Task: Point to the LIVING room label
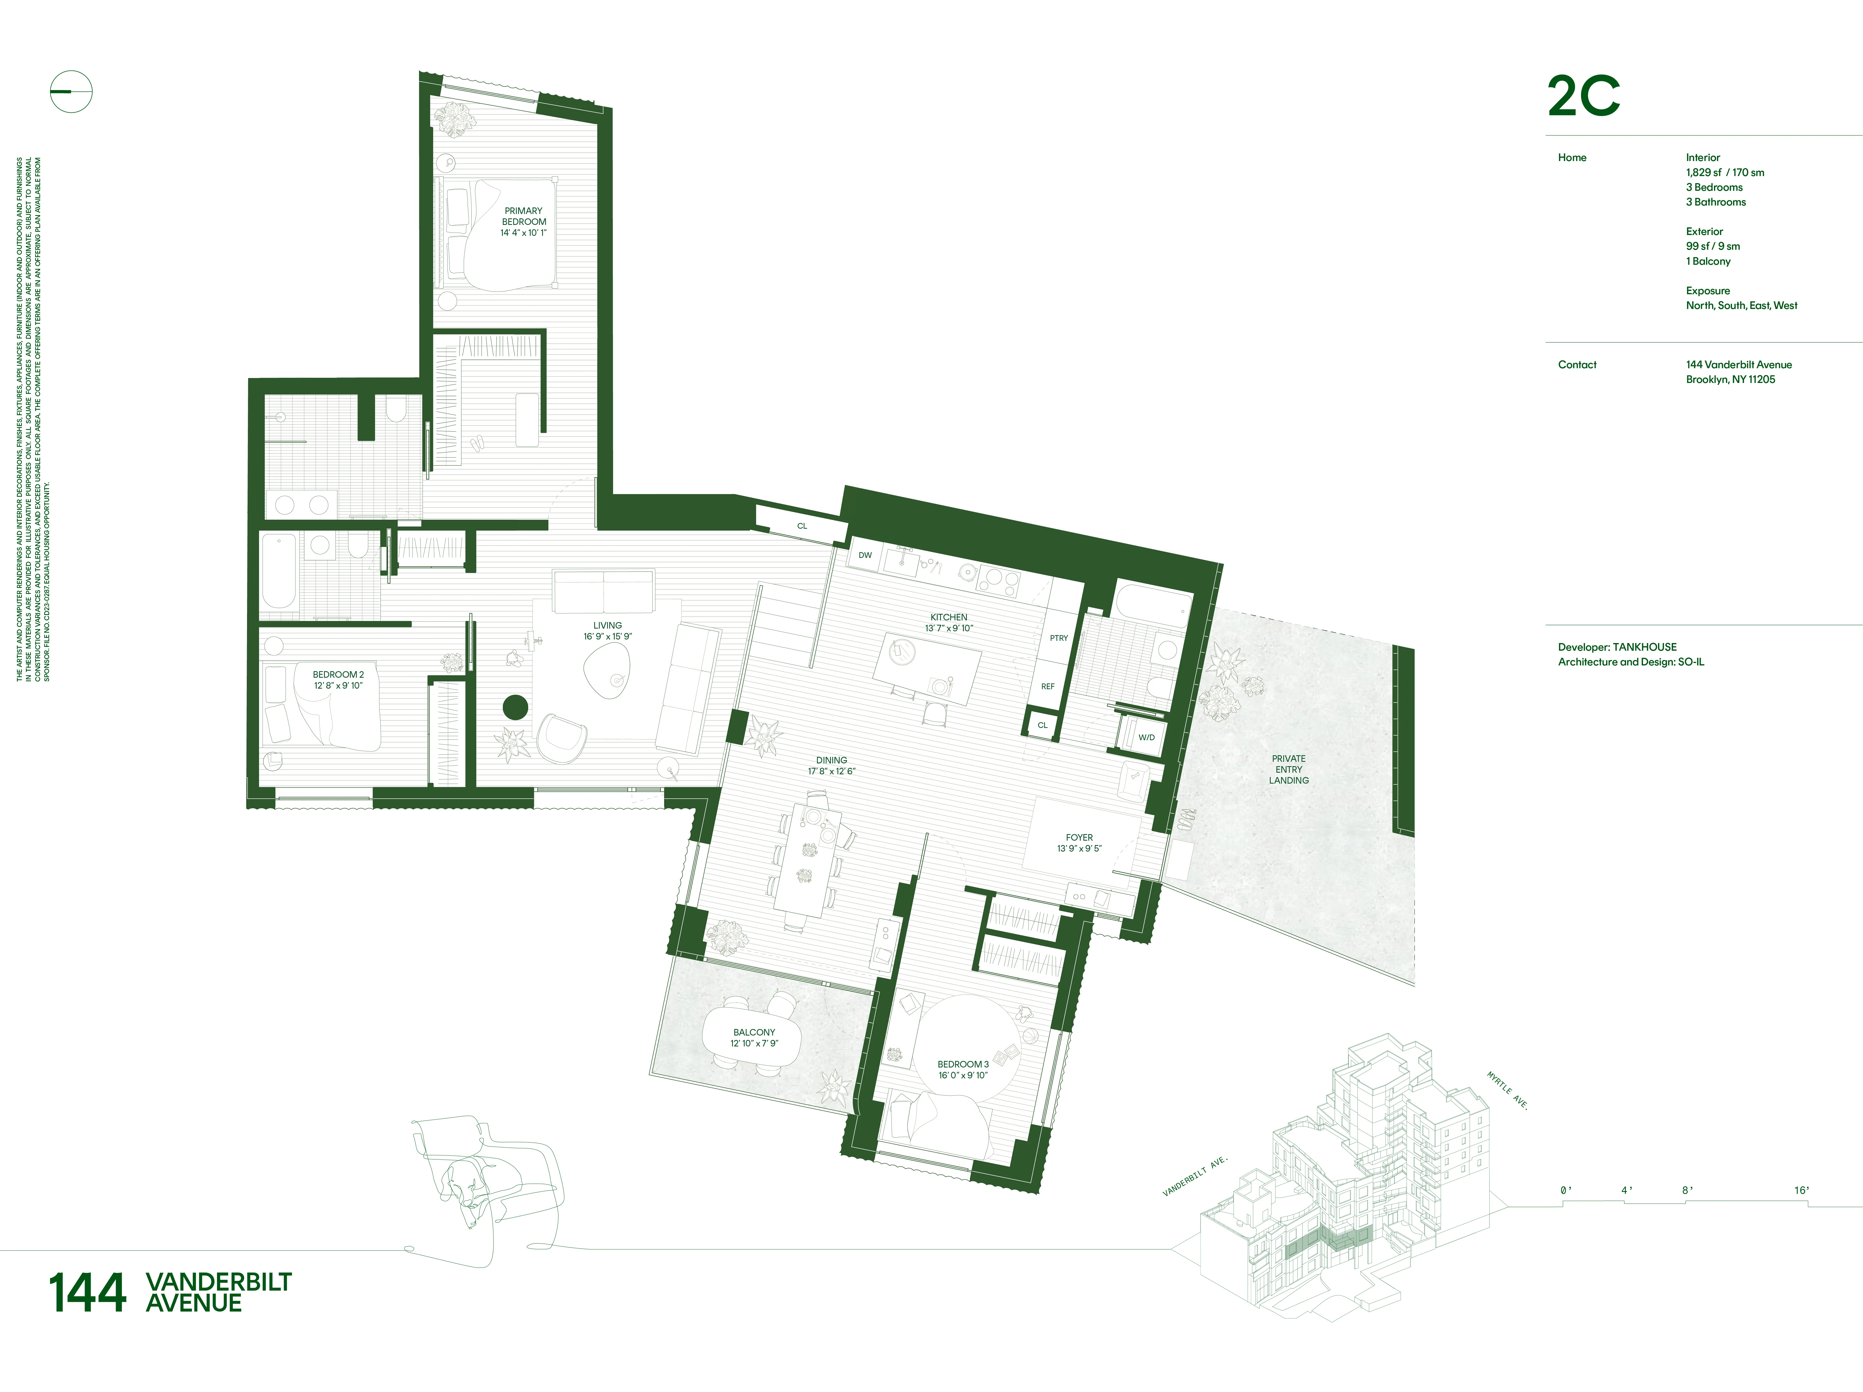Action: tap(607, 631)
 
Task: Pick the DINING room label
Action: tap(831, 766)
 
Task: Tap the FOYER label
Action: tap(1079, 842)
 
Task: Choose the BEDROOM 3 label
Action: tap(963, 1069)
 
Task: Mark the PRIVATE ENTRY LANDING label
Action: tap(1289, 769)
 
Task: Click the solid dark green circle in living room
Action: tap(515, 707)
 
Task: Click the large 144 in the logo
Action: tap(88, 1293)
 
